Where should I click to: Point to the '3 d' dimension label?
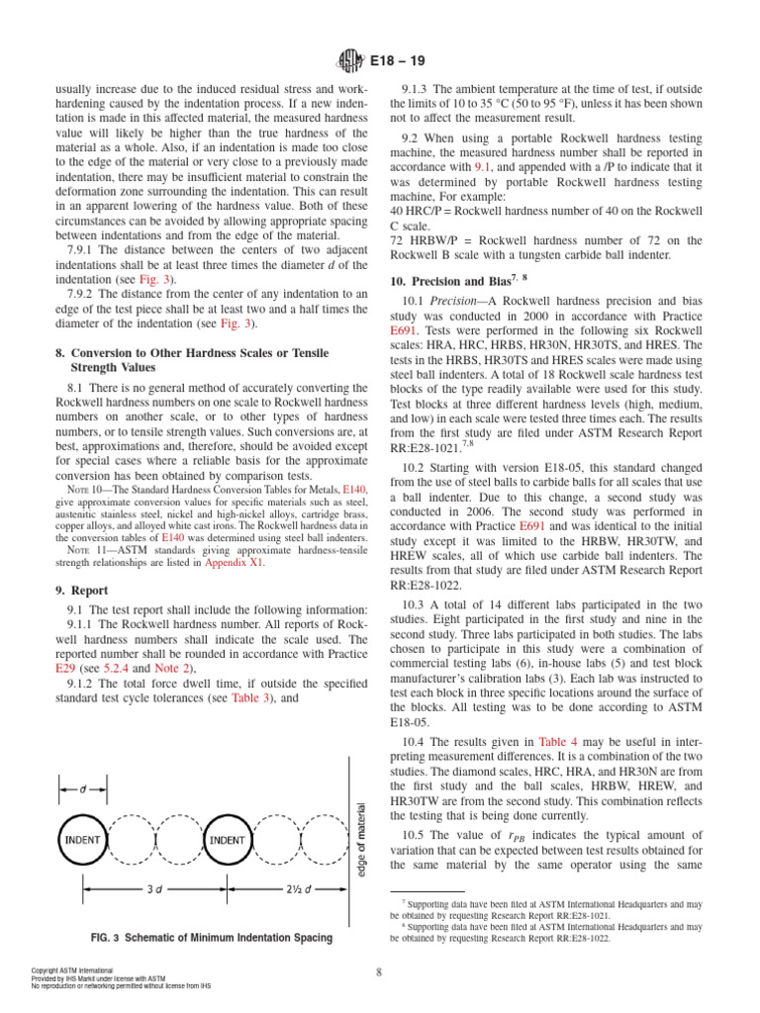[x=154, y=890]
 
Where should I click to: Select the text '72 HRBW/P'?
[x=423, y=240]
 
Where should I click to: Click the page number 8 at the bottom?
[x=380, y=971]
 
